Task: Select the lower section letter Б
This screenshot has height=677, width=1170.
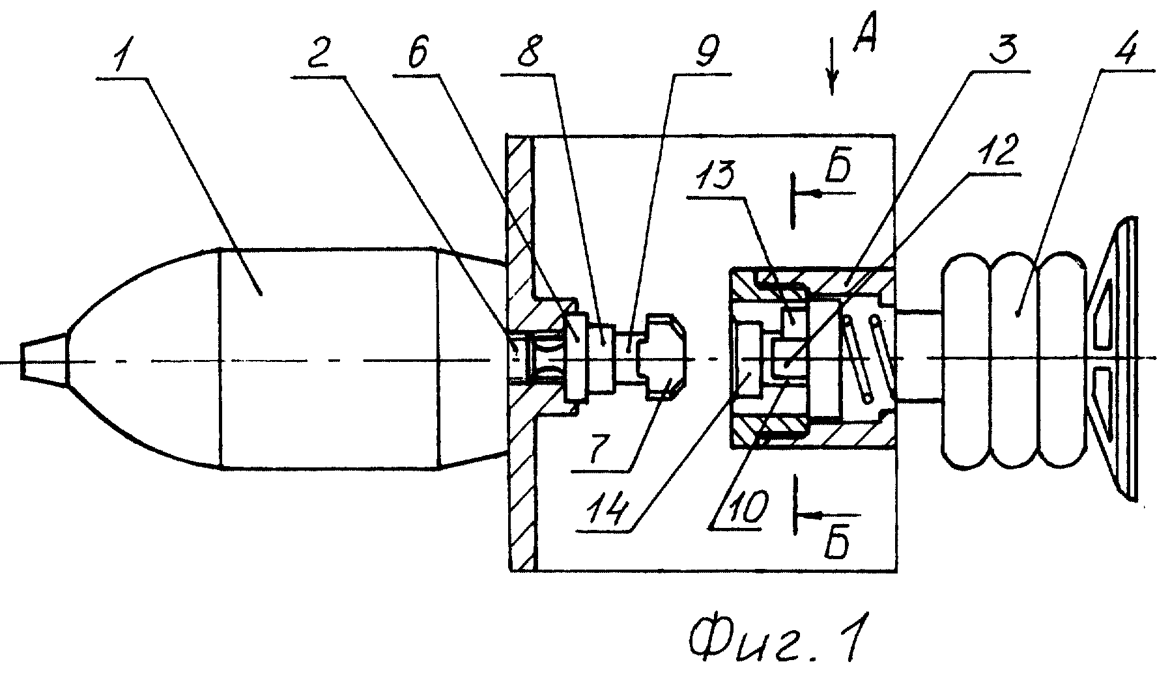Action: pyautogui.click(x=836, y=544)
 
